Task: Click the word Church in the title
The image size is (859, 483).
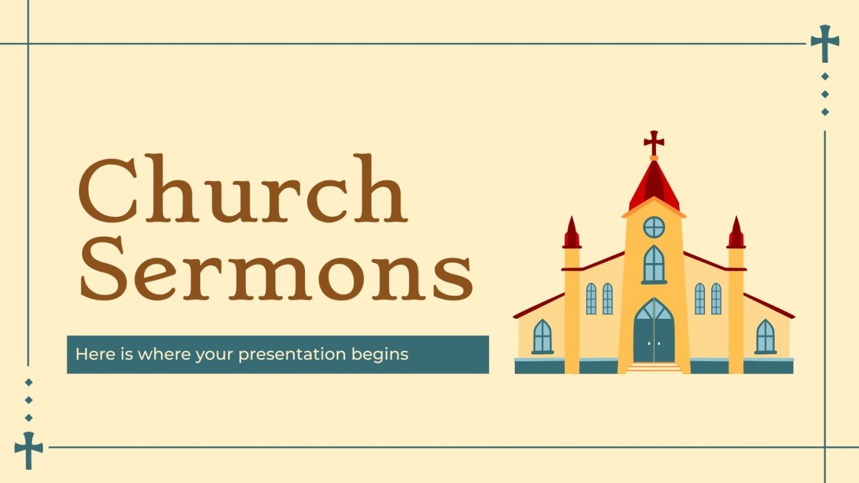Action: pyautogui.click(x=242, y=190)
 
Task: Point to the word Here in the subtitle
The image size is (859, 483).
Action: pyautogui.click(x=89, y=354)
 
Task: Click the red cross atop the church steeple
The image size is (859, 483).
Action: pyautogui.click(x=654, y=142)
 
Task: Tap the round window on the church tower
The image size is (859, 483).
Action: pyautogui.click(x=654, y=227)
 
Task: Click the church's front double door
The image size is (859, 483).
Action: pyautogui.click(x=654, y=339)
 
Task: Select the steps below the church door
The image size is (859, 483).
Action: pyautogui.click(x=654, y=368)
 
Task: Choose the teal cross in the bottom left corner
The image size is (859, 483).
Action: pyautogui.click(x=28, y=448)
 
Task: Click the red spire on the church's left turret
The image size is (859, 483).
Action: pyautogui.click(x=571, y=233)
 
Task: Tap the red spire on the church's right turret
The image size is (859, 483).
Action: pyautogui.click(x=736, y=233)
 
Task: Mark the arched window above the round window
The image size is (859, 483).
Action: pyautogui.click(x=654, y=264)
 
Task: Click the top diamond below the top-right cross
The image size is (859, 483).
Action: pyautogui.click(x=825, y=76)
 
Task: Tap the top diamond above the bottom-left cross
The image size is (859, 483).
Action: pyautogui.click(x=28, y=382)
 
